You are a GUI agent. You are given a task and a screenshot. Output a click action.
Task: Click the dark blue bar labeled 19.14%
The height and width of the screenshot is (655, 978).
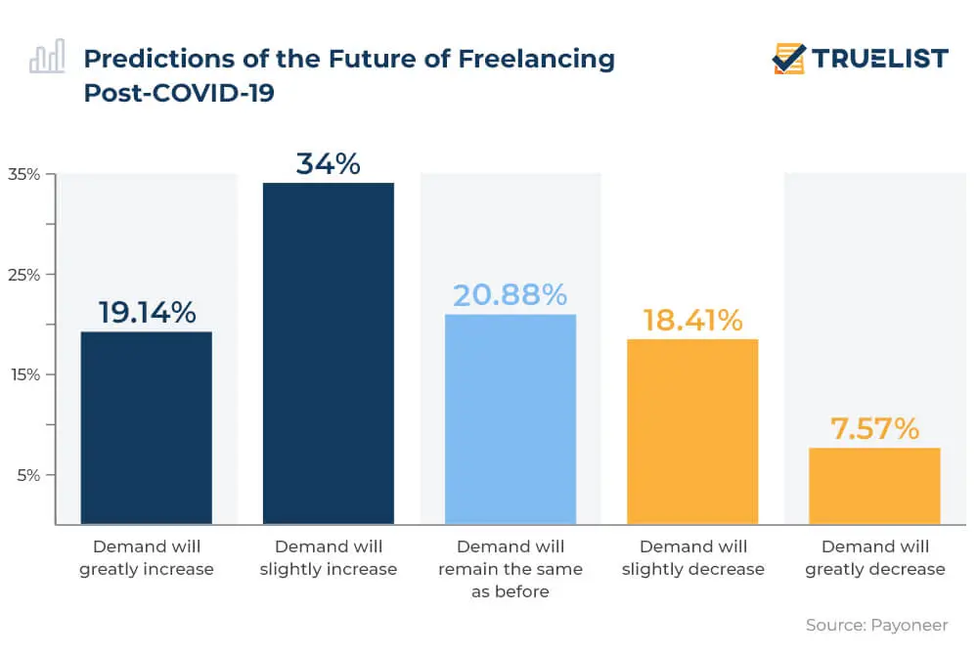click(x=146, y=427)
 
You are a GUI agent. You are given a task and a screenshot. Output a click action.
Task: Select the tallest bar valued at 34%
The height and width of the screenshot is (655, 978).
click(x=328, y=353)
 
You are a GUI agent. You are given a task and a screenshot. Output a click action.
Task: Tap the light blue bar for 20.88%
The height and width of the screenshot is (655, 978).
click(x=510, y=418)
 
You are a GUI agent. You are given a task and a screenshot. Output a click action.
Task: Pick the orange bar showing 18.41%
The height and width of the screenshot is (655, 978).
click(x=692, y=431)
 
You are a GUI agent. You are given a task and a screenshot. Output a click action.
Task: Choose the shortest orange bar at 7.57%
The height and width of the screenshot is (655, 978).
click(x=874, y=486)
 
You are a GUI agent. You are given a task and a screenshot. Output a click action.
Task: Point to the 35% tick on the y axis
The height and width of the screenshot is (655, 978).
click(x=24, y=175)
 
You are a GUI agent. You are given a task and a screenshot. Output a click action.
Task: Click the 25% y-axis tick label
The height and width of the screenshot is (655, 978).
click(x=24, y=275)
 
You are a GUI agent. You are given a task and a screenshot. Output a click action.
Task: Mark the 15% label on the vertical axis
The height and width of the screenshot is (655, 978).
click(x=24, y=374)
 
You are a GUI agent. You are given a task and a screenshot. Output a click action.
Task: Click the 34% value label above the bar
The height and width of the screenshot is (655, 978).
click(x=328, y=163)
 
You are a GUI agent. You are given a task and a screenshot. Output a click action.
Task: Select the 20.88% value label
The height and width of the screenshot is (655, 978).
click(x=510, y=294)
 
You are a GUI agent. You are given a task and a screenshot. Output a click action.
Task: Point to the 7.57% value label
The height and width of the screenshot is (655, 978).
click(x=874, y=428)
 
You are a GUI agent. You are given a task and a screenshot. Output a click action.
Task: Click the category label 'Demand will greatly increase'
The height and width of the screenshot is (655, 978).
click(x=146, y=557)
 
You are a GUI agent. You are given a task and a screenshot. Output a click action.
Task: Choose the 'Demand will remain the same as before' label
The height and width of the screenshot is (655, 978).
click(x=510, y=569)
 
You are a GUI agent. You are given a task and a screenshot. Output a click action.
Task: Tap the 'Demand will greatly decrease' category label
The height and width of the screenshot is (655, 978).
click(x=874, y=557)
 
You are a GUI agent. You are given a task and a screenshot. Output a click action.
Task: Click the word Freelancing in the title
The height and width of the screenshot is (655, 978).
click(x=536, y=59)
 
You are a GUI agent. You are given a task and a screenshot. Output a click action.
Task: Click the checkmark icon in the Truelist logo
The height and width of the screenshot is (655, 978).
click(x=787, y=59)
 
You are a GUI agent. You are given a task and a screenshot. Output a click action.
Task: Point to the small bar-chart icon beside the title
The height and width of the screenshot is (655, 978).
click(x=47, y=58)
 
